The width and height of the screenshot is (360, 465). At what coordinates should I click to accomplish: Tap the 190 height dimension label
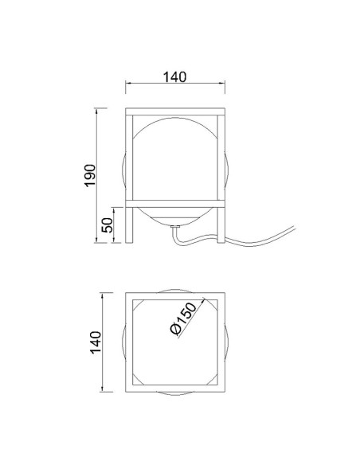pyautogui.click(x=90, y=175)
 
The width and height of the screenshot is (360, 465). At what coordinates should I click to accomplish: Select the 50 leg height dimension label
pyautogui.click(x=107, y=225)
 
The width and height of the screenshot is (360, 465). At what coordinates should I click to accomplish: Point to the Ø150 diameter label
pyautogui.click(x=184, y=318)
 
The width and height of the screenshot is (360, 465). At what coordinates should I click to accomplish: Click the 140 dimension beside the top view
pyautogui.click(x=96, y=342)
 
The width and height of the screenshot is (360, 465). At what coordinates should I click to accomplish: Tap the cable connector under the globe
pyautogui.click(x=175, y=227)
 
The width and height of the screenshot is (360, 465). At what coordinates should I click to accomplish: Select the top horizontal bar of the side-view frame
pyautogui.click(x=175, y=111)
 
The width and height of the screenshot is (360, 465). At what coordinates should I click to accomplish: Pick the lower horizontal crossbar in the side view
pyautogui.click(x=175, y=204)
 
